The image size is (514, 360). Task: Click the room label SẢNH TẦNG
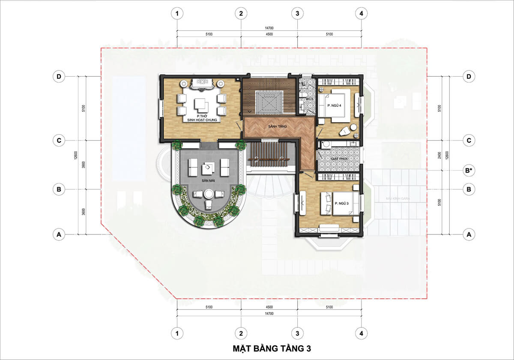[x=278, y=126]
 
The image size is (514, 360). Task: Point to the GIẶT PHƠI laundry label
[x=339, y=158]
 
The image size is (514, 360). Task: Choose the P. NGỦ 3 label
[x=342, y=203]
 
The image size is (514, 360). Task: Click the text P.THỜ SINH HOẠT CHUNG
[x=200, y=118]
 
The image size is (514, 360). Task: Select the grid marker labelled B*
[x=469, y=171]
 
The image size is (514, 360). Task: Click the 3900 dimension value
[x=83, y=164]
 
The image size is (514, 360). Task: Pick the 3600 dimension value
[x=83, y=211]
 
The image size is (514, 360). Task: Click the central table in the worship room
[x=201, y=104]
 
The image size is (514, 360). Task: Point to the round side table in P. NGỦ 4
[x=353, y=127]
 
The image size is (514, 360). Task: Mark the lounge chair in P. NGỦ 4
[x=343, y=131]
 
